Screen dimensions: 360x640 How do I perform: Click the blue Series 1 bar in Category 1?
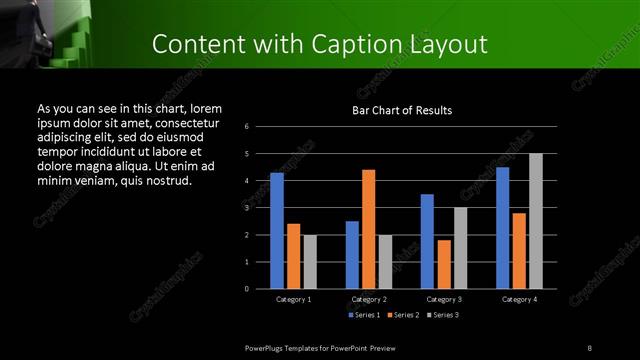coord(277,231)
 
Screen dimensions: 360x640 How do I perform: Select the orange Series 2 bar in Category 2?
coord(368,229)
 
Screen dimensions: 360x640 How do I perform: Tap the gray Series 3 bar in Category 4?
coord(536,221)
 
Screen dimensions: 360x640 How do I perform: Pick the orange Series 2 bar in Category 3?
coord(443,264)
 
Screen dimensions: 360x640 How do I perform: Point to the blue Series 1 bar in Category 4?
coord(502,228)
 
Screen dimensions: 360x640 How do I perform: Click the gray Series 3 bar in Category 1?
coord(310,262)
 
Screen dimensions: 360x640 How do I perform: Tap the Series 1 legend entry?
coord(363,316)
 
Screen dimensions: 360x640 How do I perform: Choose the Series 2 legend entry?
coord(401,316)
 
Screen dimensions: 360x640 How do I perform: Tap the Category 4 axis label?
coord(519,299)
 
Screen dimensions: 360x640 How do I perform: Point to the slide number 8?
coord(590,346)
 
